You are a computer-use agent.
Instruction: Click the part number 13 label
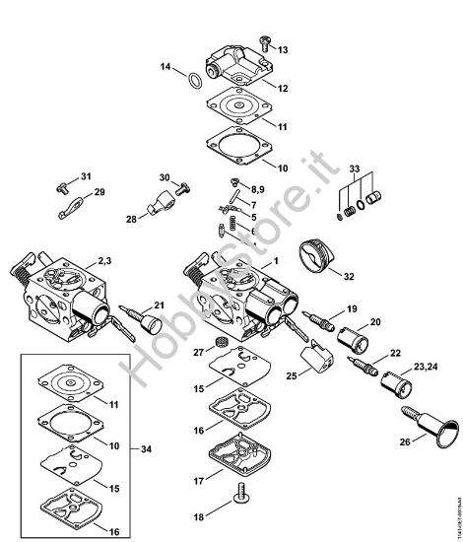tap(283, 49)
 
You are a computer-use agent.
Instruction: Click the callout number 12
tap(282, 88)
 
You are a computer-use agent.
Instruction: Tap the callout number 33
tap(355, 169)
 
